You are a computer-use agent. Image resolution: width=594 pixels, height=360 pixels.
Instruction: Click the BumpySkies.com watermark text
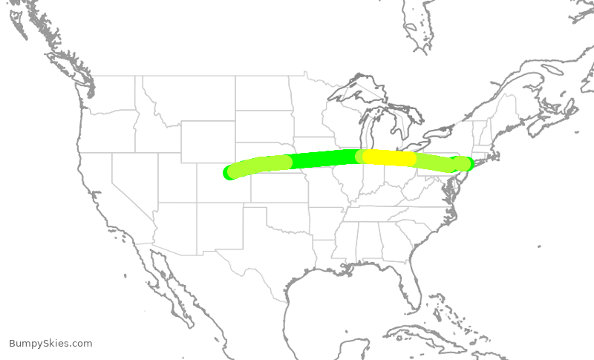pyautogui.click(x=50, y=344)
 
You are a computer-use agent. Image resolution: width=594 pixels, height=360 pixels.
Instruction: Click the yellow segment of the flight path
pyautogui.click(x=389, y=158)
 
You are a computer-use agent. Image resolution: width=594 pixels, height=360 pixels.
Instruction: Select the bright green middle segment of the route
pyautogui.click(x=323, y=158)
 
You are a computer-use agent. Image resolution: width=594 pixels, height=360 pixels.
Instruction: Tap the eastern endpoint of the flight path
pyautogui.click(x=466, y=163)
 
